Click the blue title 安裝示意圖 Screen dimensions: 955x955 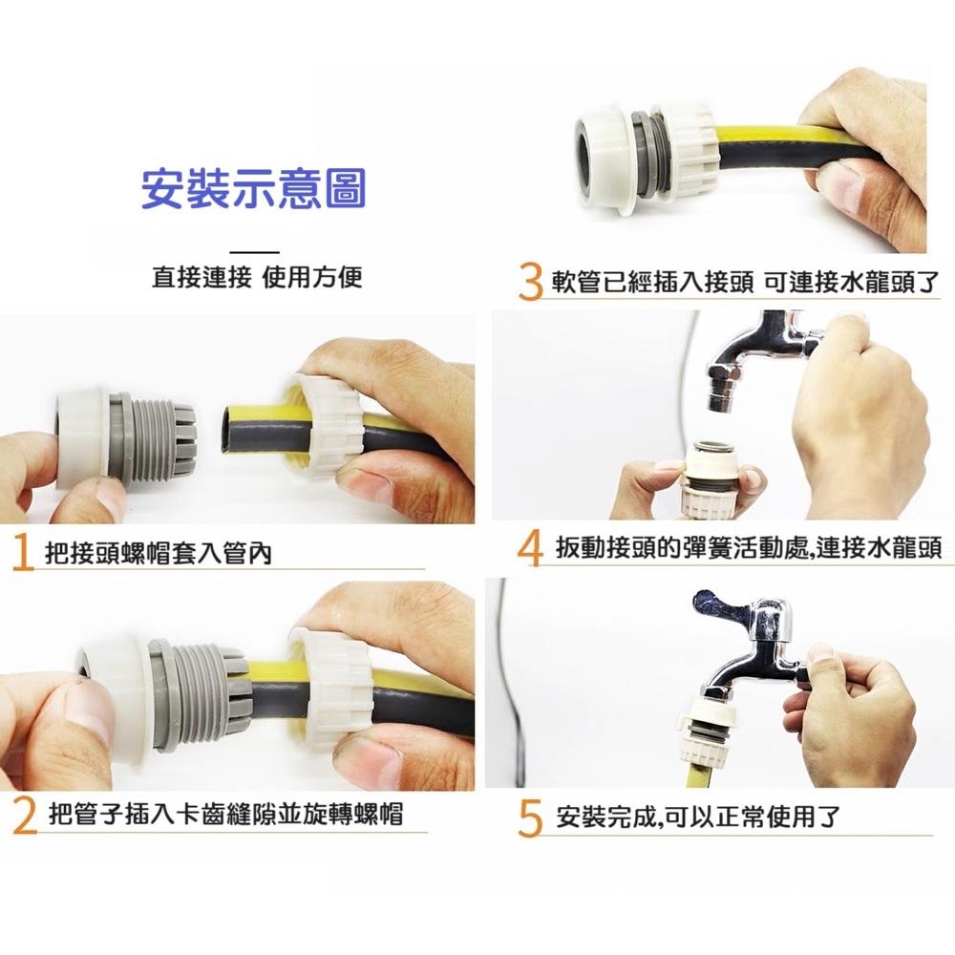253,189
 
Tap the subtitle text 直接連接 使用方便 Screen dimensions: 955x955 258,278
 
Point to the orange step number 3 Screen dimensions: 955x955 531,283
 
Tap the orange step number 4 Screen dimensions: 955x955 529,549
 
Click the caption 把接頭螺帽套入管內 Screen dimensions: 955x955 158,554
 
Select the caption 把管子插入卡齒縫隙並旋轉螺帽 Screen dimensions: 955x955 224,815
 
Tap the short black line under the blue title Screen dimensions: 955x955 255,251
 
